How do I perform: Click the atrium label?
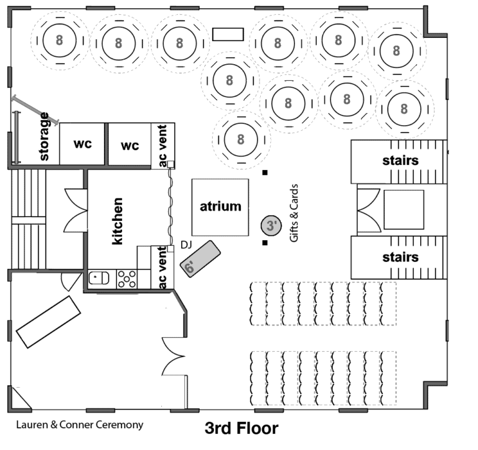coord(220,207)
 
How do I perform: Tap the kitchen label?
coord(118,221)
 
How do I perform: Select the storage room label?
coord(44,136)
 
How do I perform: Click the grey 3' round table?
coord(271,225)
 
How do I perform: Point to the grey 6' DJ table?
coord(200,259)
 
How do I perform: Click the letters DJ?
coord(186,245)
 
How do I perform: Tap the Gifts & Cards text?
coord(294,213)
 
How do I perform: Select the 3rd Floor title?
coord(241,428)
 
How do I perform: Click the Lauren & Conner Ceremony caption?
coord(80,424)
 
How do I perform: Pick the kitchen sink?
coord(99,278)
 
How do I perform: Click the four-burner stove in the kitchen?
coord(127,279)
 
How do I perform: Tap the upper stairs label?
coord(401,161)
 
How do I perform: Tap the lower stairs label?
coord(401,257)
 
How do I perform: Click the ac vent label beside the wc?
coord(163,146)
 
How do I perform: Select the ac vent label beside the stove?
coord(162,268)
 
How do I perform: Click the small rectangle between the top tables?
coord(228,34)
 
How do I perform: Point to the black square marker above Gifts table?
coord(265,172)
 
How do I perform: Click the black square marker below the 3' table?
coord(265,243)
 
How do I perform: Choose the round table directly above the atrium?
coord(241,139)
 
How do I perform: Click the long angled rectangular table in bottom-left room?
coord(48,322)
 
